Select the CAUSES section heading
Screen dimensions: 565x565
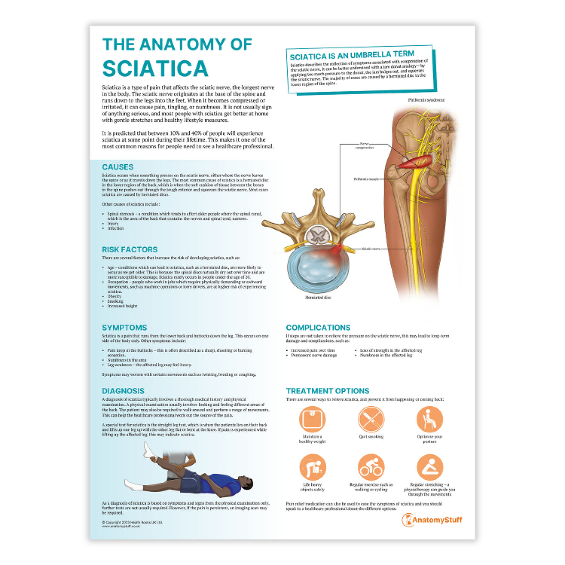click(118, 167)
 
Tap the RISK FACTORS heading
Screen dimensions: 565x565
click(129, 250)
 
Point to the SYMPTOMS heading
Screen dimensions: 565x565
click(124, 328)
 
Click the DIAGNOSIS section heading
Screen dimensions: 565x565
click(123, 391)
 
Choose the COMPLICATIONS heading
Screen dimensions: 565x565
click(318, 328)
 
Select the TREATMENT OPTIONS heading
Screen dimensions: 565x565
click(328, 391)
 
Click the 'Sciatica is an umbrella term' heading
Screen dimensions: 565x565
click(352, 56)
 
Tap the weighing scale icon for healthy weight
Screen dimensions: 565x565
click(312, 419)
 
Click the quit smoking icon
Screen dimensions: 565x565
click(371, 419)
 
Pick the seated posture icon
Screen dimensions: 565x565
click(429, 419)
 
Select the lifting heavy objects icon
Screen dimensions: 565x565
click(312, 467)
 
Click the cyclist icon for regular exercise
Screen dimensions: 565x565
click(371, 467)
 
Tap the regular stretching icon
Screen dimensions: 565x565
click(429, 467)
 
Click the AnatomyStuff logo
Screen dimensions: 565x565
click(432, 520)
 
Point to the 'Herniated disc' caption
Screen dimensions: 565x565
click(318, 298)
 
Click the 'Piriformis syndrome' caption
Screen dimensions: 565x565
click(426, 100)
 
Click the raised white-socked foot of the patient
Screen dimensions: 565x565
click(150, 450)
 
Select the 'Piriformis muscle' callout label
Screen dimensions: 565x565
click(366, 179)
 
